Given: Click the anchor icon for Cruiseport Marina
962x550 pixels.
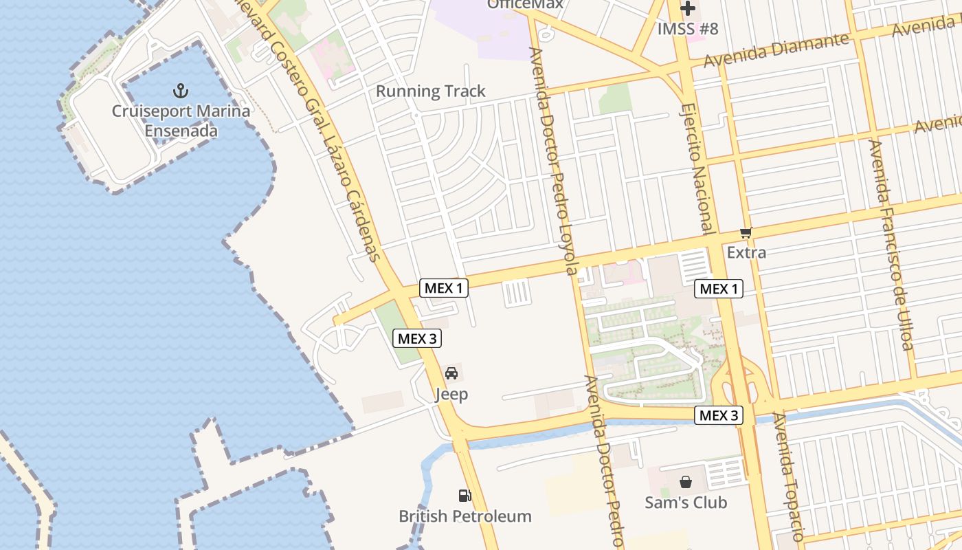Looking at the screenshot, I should (180, 91).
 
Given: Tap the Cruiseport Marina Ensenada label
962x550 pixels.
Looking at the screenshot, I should (181, 121).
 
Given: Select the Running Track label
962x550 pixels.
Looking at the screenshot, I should (430, 91).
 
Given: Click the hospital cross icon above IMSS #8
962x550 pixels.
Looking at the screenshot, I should (688, 9).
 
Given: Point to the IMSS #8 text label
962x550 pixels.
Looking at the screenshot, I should (688, 29).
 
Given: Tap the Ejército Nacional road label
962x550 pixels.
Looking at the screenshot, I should (695, 168).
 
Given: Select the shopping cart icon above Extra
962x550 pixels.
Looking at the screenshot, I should (746, 234).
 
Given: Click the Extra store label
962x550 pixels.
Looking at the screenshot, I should (746, 252).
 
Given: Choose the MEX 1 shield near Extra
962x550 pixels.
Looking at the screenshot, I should (719, 289).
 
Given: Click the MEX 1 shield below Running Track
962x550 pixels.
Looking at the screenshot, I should (444, 288).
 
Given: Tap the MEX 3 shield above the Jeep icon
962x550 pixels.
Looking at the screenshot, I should (416, 338).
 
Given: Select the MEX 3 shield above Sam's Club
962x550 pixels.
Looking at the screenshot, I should (719, 415).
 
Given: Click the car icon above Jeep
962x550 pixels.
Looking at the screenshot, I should (451, 373).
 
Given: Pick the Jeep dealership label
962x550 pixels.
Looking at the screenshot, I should (451, 394).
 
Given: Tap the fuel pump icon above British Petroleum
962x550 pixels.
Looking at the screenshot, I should (465, 496).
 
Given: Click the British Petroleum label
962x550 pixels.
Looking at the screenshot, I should (465, 516).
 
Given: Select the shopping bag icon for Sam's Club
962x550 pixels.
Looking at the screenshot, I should (686, 482).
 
